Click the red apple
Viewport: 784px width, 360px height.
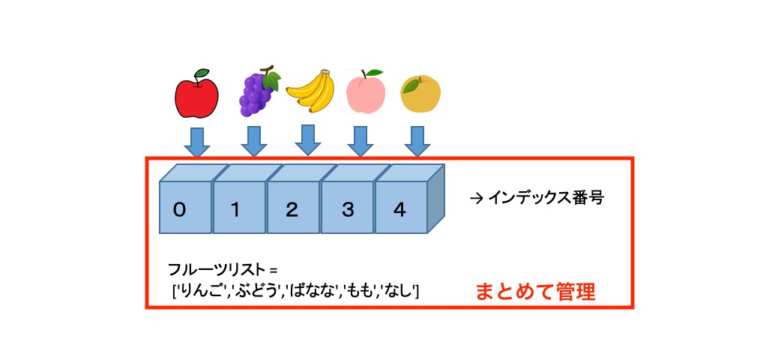196,96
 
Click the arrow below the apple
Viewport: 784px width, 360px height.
197,140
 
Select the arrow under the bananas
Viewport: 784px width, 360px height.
307,139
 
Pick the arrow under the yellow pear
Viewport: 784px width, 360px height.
417,139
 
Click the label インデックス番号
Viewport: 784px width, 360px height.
545,199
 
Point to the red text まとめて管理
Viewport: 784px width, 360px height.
535,291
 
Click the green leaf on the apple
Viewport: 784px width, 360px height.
203,73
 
